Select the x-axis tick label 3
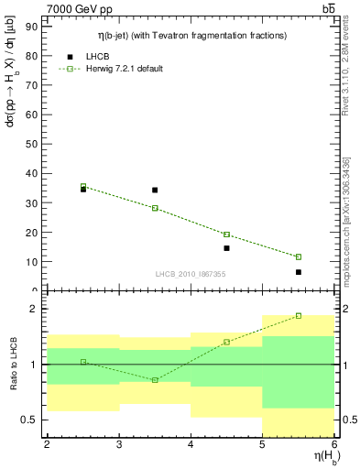tap(118, 444)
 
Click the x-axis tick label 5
tap(262, 444)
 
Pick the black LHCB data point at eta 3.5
tap(155, 191)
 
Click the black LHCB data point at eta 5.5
tap(299, 272)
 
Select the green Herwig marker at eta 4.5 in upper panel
tap(226, 234)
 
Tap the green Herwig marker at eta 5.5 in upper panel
tap(299, 256)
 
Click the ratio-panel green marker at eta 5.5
tap(299, 316)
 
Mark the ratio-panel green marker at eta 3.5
tap(155, 379)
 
